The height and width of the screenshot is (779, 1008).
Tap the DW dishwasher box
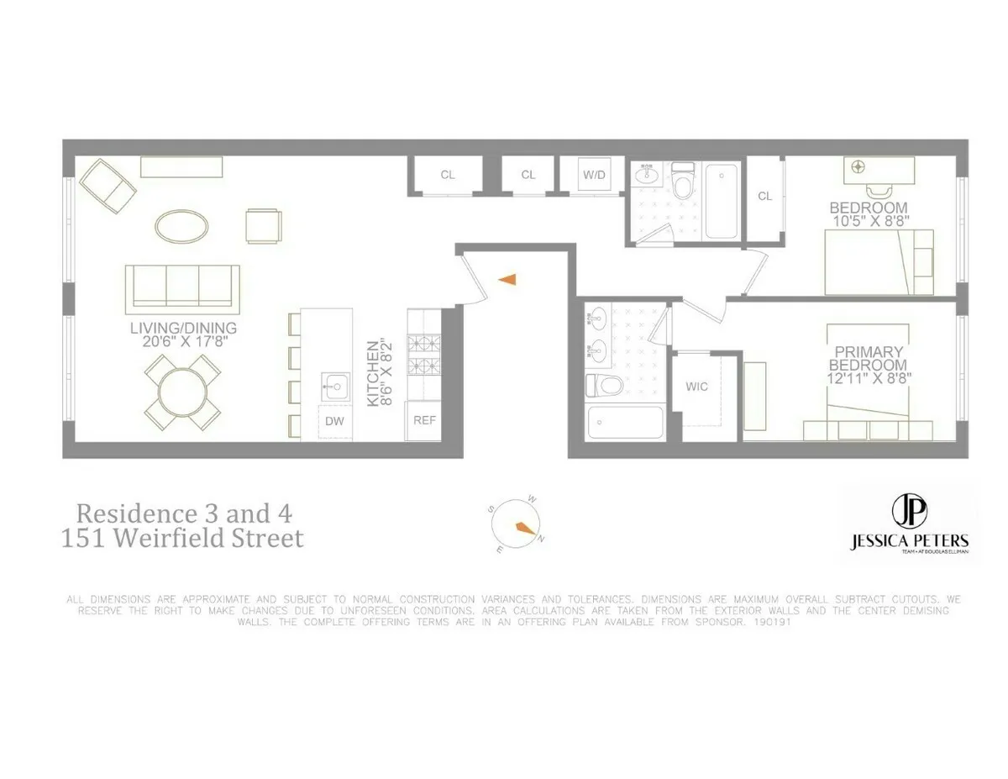(x=335, y=421)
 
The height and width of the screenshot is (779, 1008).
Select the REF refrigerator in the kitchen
(x=425, y=420)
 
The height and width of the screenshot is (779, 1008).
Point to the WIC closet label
(x=696, y=387)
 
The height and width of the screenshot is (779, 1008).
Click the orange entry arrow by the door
(x=507, y=280)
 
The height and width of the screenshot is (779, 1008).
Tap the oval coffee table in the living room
(x=181, y=224)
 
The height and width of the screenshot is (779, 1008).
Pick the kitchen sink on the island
(x=335, y=387)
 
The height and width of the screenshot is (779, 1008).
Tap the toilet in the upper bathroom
(x=682, y=183)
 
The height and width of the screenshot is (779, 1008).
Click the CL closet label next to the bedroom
(x=764, y=197)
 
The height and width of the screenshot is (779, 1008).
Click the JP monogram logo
(x=907, y=510)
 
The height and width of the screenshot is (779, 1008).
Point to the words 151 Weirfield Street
(x=182, y=538)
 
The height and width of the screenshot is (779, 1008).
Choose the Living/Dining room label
(x=183, y=328)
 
